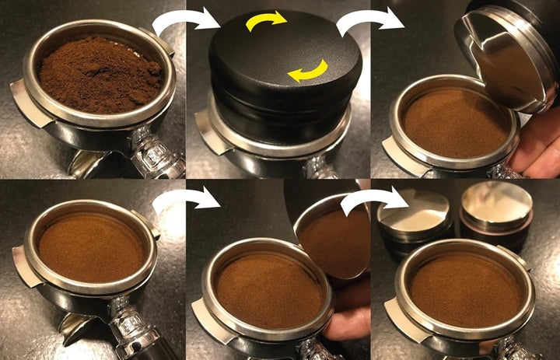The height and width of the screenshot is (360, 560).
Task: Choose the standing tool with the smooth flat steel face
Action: pos(495,210)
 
